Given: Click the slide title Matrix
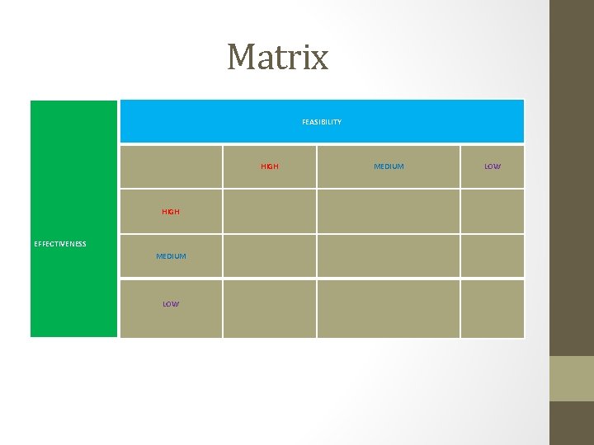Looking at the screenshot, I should pyautogui.click(x=278, y=57).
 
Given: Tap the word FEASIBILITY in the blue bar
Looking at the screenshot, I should pyautogui.click(x=322, y=122).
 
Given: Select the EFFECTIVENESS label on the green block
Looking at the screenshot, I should pyautogui.click(x=60, y=244).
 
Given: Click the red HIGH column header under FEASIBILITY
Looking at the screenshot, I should pyautogui.click(x=270, y=166).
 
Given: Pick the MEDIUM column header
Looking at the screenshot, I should pyautogui.click(x=389, y=166).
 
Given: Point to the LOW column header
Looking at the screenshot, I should pyautogui.click(x=493, y=166).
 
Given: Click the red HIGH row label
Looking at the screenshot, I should pyautogui.click(x=171, y=212).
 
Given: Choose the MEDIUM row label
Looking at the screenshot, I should pyautogui.click(x=171, y=256).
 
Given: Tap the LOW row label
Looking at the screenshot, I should pyautogui.click(x=171, y=304).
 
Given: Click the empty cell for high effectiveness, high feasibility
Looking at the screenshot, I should pyautogui.click(x=270, y=212).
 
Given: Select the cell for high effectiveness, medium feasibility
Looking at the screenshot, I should pyautogui.click(x=389, y=212).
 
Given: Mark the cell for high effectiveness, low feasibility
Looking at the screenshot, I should pyautogui.click(x=493, y=212).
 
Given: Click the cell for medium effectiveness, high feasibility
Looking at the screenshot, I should pyautogui.click(x=270, y=256).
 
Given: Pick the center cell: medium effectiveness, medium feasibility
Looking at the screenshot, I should pyautogui.click(x=389, y=256).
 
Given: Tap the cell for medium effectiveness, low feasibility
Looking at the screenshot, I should pyautogui.click(x=493, y=256).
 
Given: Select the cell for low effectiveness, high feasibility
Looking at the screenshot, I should pyautogui.click(x=270, y=309).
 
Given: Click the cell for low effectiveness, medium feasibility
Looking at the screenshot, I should pyautogui.click(x=389, y=309).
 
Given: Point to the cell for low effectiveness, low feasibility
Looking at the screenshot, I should pyautogui.click(x=493, y=309).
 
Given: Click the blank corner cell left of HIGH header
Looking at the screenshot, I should pyautogui.click(x=171, y=166).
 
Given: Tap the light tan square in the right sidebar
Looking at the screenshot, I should pyautogui.click(x=572, y=378).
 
